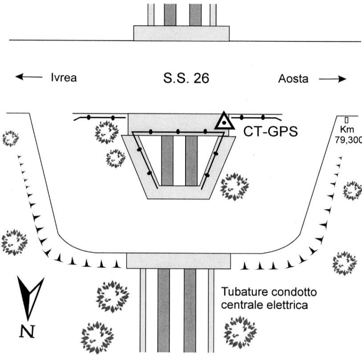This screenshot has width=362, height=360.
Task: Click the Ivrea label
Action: pos(64,77)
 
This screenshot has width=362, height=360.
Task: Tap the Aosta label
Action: pos(293,79)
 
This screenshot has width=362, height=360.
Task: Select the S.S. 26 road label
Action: pos(186,78)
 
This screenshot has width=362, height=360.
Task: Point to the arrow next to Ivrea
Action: pos(29,77)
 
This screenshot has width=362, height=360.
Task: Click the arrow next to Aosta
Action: pos(333,79)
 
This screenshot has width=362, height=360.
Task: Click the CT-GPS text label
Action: pos(271,132)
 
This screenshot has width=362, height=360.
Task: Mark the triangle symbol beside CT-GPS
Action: pos(224,121)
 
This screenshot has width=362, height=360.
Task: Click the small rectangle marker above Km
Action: pos(346,120)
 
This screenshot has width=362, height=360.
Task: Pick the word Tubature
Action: pos(243,291)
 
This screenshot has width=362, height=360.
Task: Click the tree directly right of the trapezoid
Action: pos(234,186)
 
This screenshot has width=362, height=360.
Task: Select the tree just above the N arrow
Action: pos(14,242)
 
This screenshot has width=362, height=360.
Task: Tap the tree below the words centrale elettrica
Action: pos(240,332)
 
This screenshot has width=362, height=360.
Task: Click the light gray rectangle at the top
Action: pos(182,33)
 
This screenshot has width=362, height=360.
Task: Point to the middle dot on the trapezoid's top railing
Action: pos(178,132)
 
